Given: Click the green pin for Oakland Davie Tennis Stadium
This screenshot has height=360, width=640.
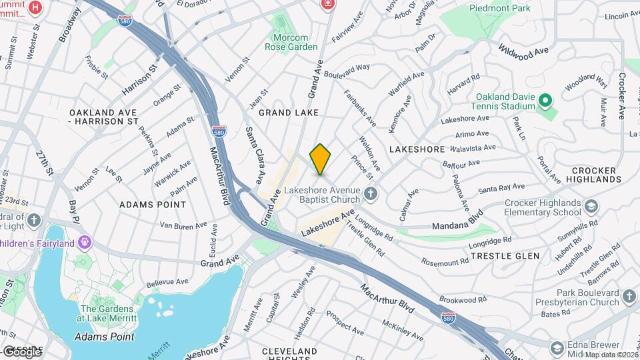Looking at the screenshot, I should (x=545, y=101).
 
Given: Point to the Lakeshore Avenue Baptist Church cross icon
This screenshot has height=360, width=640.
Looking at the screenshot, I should (x=371, y=193).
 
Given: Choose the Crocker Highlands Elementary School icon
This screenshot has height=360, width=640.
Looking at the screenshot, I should (x=591, y=205).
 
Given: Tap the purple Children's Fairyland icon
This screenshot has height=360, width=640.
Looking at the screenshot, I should (x=84, y=241).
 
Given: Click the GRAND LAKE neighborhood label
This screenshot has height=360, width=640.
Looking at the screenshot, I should (x=288, y=113).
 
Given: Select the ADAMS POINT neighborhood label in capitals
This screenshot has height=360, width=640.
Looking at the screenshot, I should (x=153, y=205).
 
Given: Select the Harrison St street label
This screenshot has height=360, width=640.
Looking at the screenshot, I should (x=140, y=79).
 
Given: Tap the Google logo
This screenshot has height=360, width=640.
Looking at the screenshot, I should (x=21, y=351).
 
